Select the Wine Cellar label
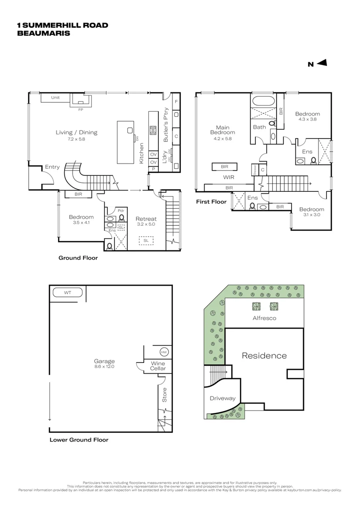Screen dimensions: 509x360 click(157, 366)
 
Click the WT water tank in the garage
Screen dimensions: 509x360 click(67, 293)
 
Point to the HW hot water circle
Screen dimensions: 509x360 click(164, 352)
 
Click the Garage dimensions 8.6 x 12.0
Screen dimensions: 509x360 click(104, 366)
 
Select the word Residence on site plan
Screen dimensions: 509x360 click(264, 355)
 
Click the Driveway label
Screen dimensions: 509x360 click(222, 398)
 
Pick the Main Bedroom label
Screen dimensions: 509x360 click(222, 130)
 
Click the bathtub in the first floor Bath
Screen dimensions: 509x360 click(263, 101)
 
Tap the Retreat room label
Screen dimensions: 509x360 click(146, 219)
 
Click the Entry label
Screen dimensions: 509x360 click(52, 167)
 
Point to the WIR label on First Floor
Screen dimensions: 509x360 click(229, 178)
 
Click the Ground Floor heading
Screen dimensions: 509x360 click(78, 258)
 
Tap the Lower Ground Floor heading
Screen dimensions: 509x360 click(79, 440)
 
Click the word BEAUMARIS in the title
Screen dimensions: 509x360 click(43, 33)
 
